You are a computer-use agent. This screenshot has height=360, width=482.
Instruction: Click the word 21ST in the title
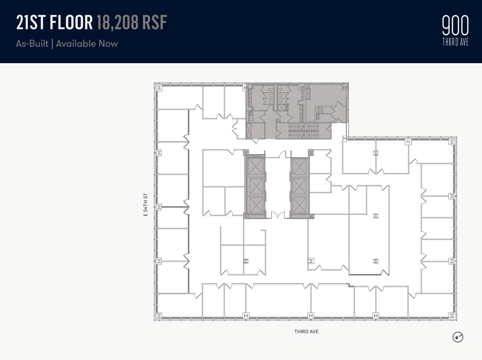[x=31, y=22]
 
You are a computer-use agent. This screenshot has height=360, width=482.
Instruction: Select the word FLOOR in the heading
[x=71, y=22]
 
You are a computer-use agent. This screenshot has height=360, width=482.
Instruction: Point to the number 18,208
[x=117, y=22]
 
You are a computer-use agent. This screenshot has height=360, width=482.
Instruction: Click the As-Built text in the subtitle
[x=32, y=44]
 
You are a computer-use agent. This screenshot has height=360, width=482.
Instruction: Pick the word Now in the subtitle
[x=108, y=44]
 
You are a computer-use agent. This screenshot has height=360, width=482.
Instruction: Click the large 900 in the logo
[x=455, y=26]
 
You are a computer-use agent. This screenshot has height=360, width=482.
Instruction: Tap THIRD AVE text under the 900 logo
[x=455, y=42]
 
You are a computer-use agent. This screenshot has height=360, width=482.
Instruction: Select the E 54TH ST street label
[x=145, y=205]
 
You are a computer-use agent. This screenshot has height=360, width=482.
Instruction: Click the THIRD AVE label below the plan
[x=306, y=331]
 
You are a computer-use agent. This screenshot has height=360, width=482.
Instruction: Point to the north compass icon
[x=458, y=337]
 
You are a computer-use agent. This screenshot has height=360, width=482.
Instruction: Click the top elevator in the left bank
[x=255, y=166]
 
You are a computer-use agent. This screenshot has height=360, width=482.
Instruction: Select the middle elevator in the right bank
[x=299, y=186]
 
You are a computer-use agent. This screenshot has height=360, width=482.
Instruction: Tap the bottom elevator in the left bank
[x=255, y=205]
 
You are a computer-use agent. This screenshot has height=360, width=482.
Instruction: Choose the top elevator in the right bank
[x=299, y=167]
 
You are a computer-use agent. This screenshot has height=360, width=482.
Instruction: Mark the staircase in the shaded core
[x=303, y=131]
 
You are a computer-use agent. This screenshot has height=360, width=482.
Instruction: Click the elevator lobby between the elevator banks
[x=277, y=186]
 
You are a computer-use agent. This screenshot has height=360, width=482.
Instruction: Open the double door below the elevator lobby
[x=277, y=215]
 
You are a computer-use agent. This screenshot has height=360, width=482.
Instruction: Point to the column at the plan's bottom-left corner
[x=159, y=315]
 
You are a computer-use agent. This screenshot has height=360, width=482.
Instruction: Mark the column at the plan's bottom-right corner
[x=452, y=315]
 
